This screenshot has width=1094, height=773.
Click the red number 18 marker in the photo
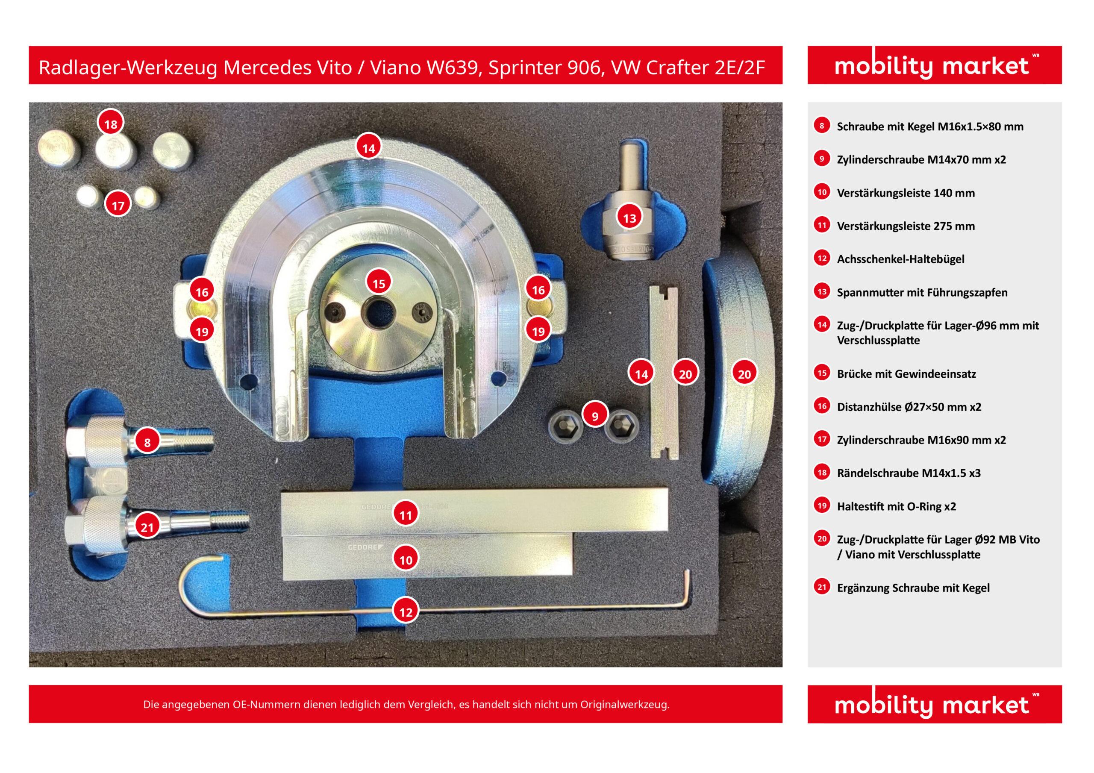coord(111,123)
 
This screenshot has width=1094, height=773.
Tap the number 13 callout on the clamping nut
coord(629,217)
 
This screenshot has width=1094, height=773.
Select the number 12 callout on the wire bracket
coord(406,611)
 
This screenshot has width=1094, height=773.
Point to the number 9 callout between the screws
coord(594,415)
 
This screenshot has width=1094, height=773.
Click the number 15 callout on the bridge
coord(379,283)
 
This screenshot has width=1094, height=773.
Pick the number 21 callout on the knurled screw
coord(147,526)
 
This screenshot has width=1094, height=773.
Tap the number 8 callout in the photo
coord(147,441)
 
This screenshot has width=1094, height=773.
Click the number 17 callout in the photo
coord(118,204)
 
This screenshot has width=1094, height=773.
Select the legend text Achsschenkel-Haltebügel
coord(900,259)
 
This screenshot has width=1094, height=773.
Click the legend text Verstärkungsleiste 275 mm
coord(906,226)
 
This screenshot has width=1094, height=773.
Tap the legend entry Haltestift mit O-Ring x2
coord(896,506)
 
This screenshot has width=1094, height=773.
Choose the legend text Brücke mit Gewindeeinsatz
coord(906,373)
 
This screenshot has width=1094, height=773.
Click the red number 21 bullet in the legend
coord(822,587)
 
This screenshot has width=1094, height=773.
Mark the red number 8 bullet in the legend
coord(822,125)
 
